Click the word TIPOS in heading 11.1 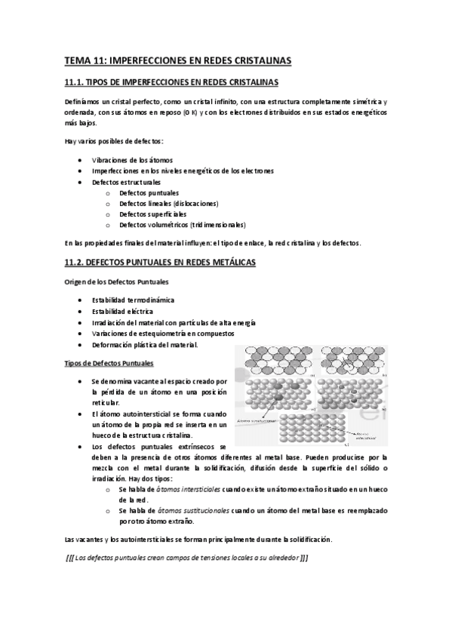(103, 82)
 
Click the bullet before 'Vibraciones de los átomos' (80, 160)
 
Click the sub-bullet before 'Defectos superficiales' (109, 214)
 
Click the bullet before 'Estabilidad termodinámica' (80, 300)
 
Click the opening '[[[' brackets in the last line (72, 558)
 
